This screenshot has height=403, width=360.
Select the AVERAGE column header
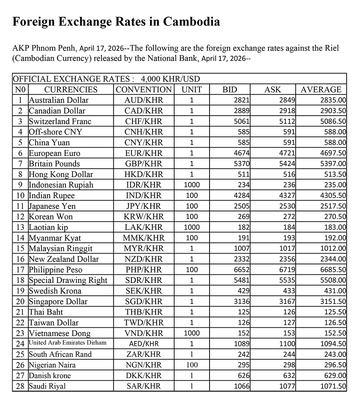click(321, 90)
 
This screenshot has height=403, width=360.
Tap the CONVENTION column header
click(144, 90)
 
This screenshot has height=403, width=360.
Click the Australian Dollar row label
click(59, 100)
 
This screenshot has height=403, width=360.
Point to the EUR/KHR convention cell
click(144, 153)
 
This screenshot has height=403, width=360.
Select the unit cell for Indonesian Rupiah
click(192, 185)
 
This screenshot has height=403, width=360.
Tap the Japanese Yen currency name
click(52, 206)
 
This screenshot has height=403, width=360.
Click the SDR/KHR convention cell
click(144, 280)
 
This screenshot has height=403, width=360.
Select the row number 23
click(21, 333)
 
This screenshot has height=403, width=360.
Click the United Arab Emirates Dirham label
click(68, 343)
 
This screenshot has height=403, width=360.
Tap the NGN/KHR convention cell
click(144, 365)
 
